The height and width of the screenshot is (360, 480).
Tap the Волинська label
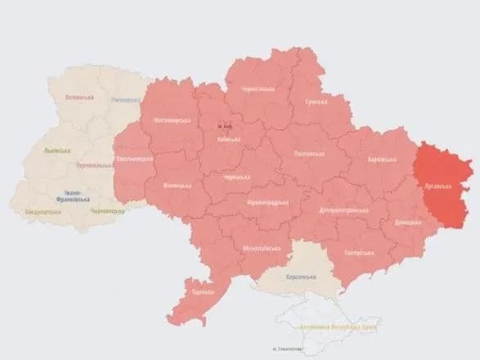click(80, 97)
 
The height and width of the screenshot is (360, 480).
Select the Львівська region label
click(56, 151)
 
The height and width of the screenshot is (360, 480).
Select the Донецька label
click(407, 222)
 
